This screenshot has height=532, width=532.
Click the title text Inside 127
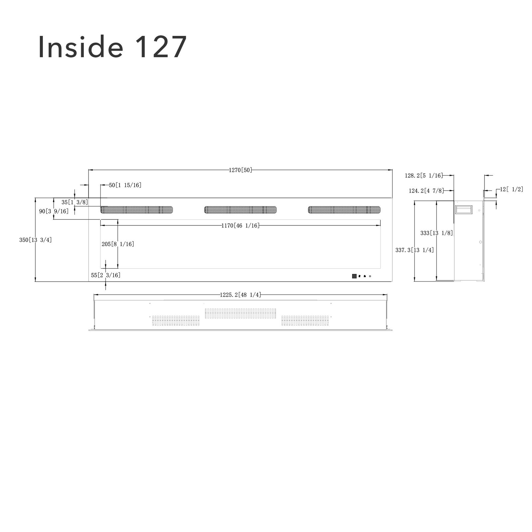[x=112, y=47]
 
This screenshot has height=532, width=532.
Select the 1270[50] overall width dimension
[x=240, y=170]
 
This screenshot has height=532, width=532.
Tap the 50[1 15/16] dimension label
[x=125, y=185]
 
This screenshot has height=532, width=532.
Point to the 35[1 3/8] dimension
[x=75, y=202]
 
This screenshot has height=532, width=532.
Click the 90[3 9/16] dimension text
[x=54, y=211]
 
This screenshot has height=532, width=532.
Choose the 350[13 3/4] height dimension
[x=36, y=240]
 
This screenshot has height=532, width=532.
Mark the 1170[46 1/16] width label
[x=240, y=226]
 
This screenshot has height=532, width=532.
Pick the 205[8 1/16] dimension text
[x=118, y=244]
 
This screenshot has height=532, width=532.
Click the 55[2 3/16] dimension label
[x=106, y=275]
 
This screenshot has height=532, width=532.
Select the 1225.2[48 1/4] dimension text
[x=240, y=295]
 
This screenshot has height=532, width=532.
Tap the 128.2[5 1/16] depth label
[x=424, y=176]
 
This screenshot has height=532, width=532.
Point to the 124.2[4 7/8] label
[x=426, y=191]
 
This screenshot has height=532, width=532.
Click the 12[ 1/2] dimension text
[x=512, y=190]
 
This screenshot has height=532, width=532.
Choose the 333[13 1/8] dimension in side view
[x=437, y=233]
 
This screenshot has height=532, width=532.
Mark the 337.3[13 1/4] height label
[x=415, y=250]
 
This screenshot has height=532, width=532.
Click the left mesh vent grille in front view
[x=137, y=210]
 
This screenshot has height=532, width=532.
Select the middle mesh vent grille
[x=240, y=210]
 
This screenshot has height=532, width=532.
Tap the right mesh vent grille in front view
[x=344, y=210]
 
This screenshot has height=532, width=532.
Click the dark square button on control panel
[x=354, y=276]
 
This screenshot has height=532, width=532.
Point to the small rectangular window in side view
[x=464, y=210]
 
